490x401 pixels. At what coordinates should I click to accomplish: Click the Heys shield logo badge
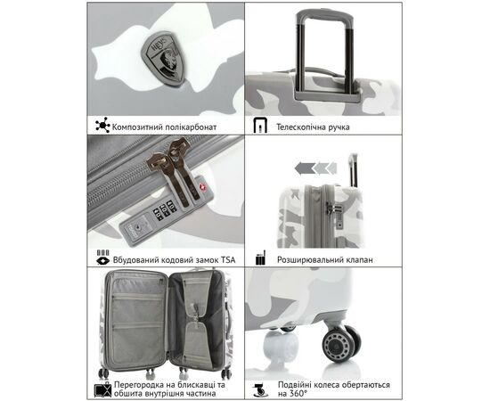tap(163, 58)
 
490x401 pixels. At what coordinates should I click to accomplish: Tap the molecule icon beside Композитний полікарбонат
tap(102, 125)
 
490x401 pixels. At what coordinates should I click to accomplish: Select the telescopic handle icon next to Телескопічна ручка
tap(260, 126)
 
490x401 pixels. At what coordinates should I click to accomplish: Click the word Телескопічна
tap(300, 127)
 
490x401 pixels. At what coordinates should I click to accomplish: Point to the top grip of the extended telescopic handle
tap(324, 16)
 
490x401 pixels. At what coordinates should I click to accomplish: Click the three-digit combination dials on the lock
tap(165, 210)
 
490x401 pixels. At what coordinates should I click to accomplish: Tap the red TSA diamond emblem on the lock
tap(203, 187)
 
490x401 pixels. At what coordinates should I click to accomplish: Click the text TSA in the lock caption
tap(228, 259)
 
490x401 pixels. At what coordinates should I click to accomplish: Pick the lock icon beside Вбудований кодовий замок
tap(103, 258)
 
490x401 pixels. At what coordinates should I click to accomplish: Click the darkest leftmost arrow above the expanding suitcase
tap(305, 168)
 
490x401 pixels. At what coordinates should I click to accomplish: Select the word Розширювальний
tap(310, 260)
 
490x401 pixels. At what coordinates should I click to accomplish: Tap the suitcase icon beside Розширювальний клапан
tap(260, 258)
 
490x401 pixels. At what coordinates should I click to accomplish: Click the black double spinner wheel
tap(341, 343)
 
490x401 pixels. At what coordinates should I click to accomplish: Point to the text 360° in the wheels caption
tap(298, 393)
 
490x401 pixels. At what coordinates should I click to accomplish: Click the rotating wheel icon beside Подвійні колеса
tap(261, 389)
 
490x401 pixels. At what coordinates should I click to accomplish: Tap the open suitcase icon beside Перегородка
tap(102, 389)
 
